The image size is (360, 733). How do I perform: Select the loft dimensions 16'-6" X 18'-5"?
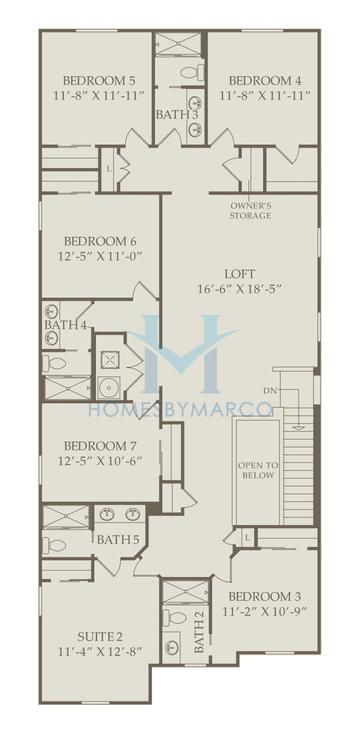pos(240,290)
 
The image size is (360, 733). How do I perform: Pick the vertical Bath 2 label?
pos(199,634)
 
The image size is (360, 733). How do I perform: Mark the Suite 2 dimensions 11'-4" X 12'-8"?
pos(100,652)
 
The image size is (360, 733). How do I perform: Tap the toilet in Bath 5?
pos(57,545)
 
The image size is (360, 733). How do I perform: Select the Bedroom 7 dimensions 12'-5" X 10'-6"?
pos(100,461)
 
